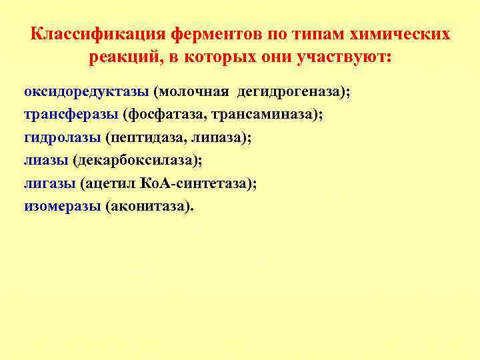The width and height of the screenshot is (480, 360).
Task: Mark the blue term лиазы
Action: tap(46, 160)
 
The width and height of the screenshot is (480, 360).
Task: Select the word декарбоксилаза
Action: tap(135, 160)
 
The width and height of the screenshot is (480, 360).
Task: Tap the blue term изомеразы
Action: tap(62, 206)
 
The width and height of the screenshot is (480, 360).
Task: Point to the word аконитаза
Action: tap(149, 206)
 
